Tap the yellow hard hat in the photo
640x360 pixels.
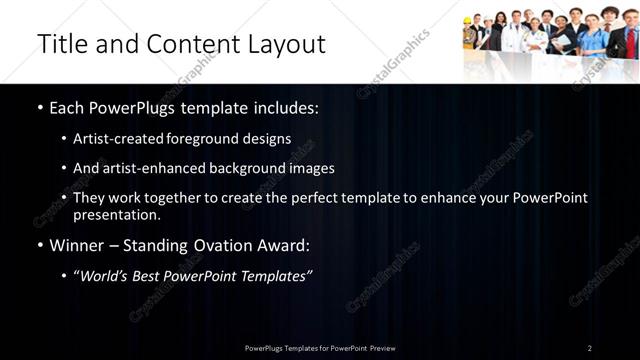tap(471, 21)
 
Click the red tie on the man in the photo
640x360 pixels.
tap(630, 42)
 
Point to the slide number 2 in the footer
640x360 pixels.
tap(590, 348)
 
